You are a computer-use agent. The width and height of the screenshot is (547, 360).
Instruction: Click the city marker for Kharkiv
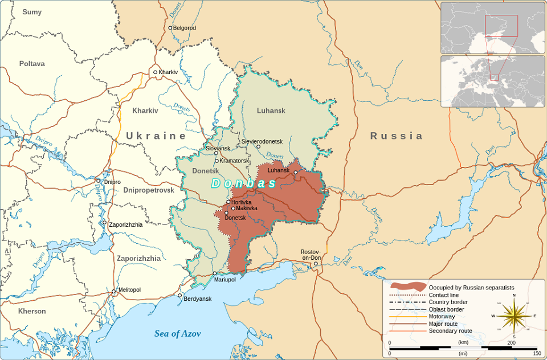pyautogui.click(x=155, y=72)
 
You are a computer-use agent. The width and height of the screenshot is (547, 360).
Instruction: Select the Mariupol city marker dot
pyautogui.click(x=215, y=273)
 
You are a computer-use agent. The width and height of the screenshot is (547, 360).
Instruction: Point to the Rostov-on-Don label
pyautogui.click(x=311, y=255)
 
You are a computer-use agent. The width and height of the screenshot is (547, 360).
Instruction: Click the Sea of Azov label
pyautogui.click(x=177, y=334)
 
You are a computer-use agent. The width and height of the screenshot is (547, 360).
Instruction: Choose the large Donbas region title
pyautogui.click(x=243, y=183)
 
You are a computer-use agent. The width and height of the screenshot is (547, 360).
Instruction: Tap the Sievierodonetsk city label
pyautogui.click(x=262, y=141)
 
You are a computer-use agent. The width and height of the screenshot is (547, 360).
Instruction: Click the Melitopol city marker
pyautogui.click(x=113, y=292)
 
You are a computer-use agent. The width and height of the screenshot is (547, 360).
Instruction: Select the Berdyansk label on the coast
pyautogui.click(x=197, y=298)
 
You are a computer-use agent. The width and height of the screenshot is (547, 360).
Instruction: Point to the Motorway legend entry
pyautogui.click(x=442, y=316)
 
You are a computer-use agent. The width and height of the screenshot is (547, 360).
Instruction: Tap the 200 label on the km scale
pyautogui.click(x=511, y=342)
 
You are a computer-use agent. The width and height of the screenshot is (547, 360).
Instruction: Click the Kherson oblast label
pyautogui.click(x=32, y=311)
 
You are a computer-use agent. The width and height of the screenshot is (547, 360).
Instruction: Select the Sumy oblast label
pyautogui.click(x=32, y=12)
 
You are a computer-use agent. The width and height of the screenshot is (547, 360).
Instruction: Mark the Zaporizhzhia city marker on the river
pyautogui.click(x=104, y=223)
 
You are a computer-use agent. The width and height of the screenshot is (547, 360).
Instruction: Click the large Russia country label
pyautogui.click(x=397, y=136)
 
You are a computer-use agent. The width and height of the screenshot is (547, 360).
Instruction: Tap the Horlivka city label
pyautogui.click(x=242, y=202)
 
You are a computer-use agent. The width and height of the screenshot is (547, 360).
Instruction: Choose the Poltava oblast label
pyautogui.click(x=32, y=64)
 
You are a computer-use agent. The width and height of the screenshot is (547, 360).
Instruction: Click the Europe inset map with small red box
pyautogui.click(x=492, y=81)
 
